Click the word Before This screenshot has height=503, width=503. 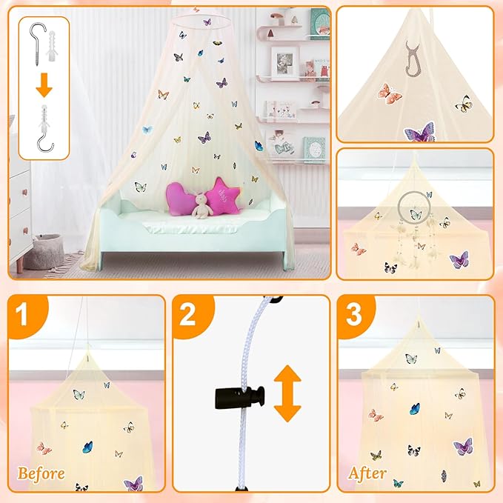tap(41, 473)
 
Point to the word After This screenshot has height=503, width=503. tap(368, 473)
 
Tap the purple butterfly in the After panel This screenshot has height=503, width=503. tap(463, 447)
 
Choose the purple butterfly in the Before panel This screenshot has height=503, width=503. tap(133, 483)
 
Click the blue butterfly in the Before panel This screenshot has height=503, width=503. tap(87, 446)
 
